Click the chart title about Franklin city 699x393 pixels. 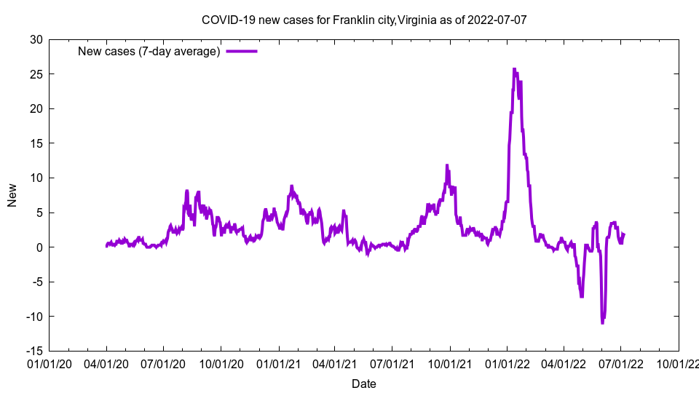click(363, 20)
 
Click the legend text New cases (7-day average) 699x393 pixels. click(149, 51)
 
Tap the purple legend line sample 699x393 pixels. click(242, 51)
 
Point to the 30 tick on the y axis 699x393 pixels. click(36, 39)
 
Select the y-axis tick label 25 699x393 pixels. click(36, 74)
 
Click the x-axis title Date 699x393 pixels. click(363, 384)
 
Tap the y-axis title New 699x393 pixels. click(12, 195)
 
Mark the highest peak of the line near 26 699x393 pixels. click(514, 69)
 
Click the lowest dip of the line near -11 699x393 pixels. click(602, 322)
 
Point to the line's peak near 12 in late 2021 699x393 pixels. click(447, 165)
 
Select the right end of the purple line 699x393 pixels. click(624, 234)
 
